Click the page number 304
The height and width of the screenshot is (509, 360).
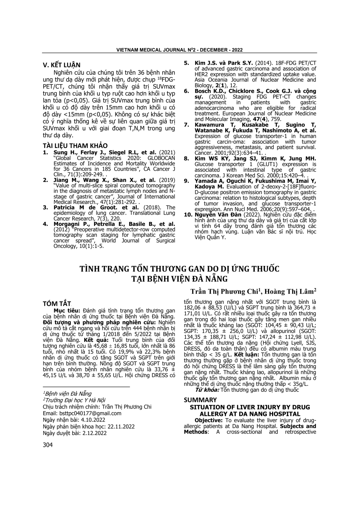click(48, 445)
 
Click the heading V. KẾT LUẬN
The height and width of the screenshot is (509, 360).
click(62, 65)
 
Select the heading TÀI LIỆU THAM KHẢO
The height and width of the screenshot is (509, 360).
click(75, 146)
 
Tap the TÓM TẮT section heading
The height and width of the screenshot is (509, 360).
click(57, 304)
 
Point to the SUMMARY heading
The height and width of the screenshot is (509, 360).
click(200, 400)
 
